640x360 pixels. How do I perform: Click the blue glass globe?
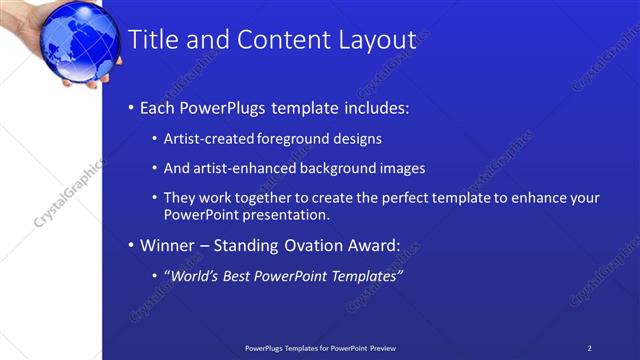point(74,35)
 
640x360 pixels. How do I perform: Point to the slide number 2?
point(590,348)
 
